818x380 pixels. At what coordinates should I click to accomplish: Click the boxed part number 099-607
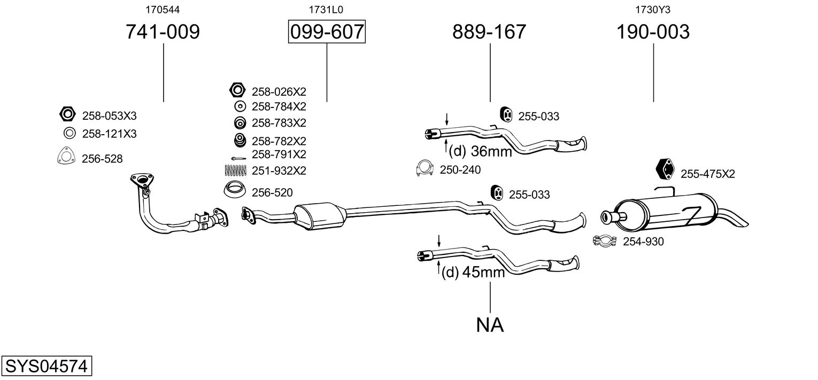[326, 32]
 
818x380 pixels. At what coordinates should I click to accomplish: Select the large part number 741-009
[163, 32]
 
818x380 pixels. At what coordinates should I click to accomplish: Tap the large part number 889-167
[489, 32]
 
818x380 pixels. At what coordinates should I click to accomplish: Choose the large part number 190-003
[653, 32]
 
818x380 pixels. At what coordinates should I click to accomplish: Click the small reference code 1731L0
[326, 9]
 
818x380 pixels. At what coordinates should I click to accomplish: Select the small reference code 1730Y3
[653, 9]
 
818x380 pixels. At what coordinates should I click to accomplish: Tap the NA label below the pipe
[490, 324]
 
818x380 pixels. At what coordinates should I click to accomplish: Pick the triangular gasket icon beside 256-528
[65, 156]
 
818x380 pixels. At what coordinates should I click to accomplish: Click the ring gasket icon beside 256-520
[234, 190]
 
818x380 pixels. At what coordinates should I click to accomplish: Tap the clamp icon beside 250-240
[425, 169]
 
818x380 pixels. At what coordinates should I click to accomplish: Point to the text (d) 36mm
[480, 152]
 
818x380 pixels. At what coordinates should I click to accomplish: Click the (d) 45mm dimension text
[473, 273]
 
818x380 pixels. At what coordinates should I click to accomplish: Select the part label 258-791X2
[279, 154]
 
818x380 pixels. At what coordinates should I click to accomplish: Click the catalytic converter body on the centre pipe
[320, 215]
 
